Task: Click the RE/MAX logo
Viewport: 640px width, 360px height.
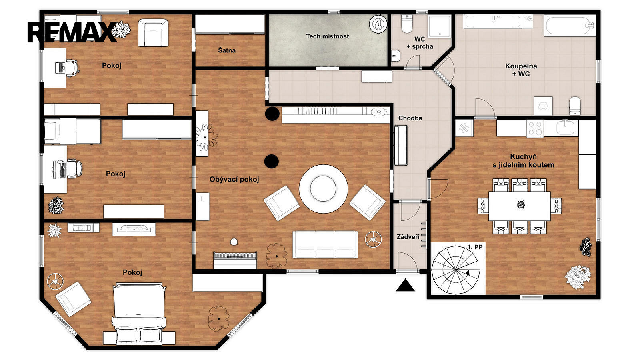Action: [72, 32]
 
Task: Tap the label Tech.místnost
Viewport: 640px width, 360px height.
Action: [328, 36]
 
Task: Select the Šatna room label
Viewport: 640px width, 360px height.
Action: [227, 50]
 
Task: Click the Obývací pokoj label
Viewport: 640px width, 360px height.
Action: [234, 180]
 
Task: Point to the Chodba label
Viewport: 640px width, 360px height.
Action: [410, 118]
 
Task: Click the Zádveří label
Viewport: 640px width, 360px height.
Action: [408, 237]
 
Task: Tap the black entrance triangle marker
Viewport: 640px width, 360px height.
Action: [405, 285]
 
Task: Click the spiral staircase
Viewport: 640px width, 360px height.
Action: [455, 270]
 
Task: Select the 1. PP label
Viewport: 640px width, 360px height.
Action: [475, 247]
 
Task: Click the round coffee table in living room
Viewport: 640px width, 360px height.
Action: [323, 188]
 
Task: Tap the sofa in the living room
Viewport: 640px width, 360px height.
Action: [325, 244]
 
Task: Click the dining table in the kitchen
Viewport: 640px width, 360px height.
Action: [520, 206]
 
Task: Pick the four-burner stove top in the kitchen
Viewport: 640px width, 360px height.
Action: [535, 128]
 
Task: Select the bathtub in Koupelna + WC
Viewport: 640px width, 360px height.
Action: [570, 26]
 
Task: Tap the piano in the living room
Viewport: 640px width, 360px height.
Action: [235, 260]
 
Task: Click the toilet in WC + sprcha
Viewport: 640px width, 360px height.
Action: [407, 24]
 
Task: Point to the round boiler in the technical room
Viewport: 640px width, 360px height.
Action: [378, 24]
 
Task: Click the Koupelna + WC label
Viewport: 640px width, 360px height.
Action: [521, 70]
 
